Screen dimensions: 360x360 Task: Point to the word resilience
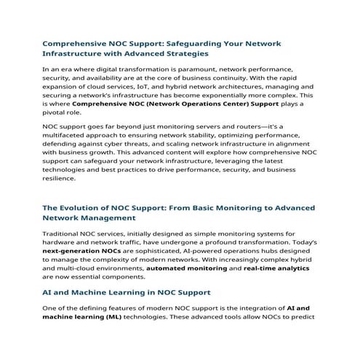[x=60, y=179]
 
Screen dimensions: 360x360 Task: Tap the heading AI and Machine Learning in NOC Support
[x=127, y=292]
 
